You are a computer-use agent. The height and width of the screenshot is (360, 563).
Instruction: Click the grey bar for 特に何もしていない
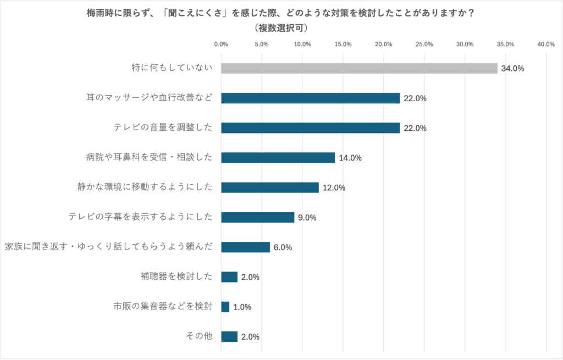(359, 68)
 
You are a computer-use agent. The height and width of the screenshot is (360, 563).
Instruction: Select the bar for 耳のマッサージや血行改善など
(310, 98)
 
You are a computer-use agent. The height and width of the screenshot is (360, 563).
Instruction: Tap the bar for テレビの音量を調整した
(310, 128)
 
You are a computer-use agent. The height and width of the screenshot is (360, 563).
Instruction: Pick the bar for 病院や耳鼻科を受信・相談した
(278, 158)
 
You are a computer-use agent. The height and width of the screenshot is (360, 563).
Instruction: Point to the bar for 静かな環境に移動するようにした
(270, 187)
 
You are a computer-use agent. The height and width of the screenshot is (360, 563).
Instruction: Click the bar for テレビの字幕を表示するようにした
(258, 217)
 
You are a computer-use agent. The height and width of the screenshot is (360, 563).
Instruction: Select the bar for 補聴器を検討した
(229, 277)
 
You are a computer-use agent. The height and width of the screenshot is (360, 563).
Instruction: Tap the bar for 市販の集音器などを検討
(225, 307)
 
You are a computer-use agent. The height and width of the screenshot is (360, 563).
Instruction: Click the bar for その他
(229, 336)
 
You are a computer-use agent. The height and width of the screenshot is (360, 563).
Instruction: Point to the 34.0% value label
(512, 69)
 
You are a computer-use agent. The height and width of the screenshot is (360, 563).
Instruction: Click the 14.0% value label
(350, 158)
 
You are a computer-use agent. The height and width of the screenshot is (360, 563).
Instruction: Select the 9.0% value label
(307, 218)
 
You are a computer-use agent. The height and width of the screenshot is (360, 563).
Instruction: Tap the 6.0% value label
(283, 247)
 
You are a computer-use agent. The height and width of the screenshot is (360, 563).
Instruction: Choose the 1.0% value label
(242, 307)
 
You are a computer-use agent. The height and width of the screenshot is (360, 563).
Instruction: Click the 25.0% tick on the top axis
(424, 44)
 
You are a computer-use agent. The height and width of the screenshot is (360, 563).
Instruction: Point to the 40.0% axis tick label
(546, 44)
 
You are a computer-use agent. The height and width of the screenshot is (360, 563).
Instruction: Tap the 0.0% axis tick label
(221, 44)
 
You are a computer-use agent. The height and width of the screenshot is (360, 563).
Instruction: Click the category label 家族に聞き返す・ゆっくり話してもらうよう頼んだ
(108, 247)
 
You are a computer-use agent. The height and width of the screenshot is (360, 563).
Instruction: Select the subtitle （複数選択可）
(281, 27)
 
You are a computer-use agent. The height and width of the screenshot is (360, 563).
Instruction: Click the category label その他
(200, 336)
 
